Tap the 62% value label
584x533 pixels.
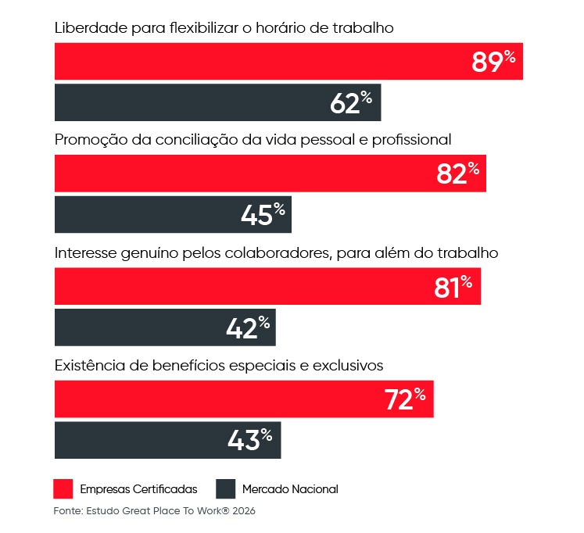(x=351, y=103)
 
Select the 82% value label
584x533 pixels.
(x=457, y=174)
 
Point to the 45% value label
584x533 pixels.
(x=263, y=215)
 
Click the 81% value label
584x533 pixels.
(x=453, y=287)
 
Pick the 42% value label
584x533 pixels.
(x=247, y=327)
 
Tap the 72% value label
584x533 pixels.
(x=404, y=399)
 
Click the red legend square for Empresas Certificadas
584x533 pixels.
(x=63, y=489)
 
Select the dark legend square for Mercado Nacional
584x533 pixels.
(x=226, y=489)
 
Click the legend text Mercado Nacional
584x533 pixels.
(x=290, y=489)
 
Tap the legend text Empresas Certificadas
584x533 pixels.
(x=138, y=489)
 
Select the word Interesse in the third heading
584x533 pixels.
(x=84, y=253)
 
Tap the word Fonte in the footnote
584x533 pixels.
(x=69, y=511)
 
